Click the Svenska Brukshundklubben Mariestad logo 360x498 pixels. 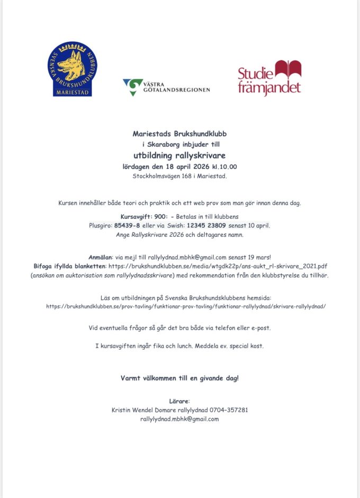(x=73, y=69)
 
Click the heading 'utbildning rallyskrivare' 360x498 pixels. (x=179, y=155)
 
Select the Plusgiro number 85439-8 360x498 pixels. (x=126, y=225)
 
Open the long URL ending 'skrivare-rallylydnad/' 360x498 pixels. (x=186, y=307)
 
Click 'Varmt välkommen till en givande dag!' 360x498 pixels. (x=179, y=378)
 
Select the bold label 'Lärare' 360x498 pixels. (x=179, y=401)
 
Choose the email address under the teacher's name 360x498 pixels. (x=179, y=419)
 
